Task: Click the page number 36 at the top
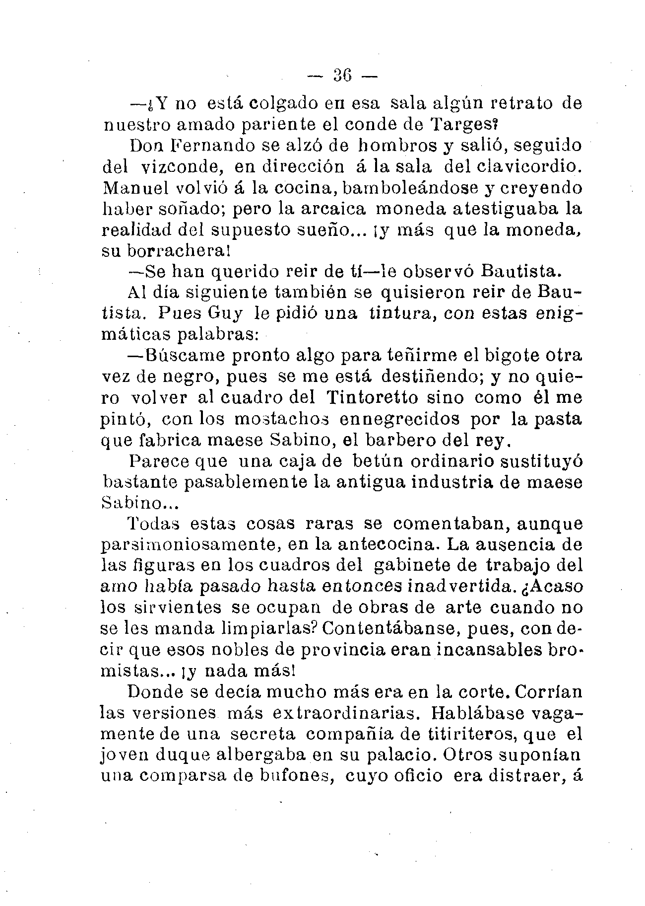click(x=342, y=75)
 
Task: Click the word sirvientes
click(x=175, y=607)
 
